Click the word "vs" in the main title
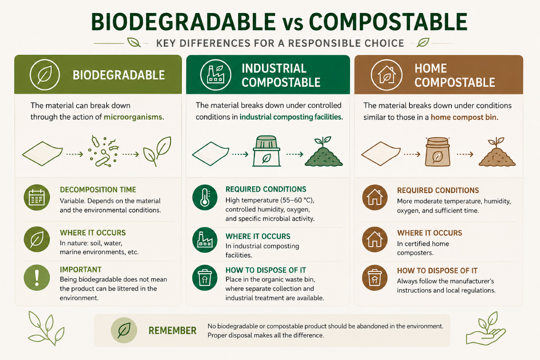pyautogui.click(x=292, y=22)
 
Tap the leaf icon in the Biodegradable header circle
pyautogui.click(x=45, y=75)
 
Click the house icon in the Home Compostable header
pyautogui.click(x=387, y=75)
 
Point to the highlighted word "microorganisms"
pyautogui.click(x=134, y=117)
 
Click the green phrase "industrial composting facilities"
pyautogui.click(x=291, y=117)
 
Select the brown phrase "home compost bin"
pyautogui.click(x=464, y=117)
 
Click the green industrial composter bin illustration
pyautogui.click(x=266, y=151)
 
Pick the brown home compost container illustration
pyautogui.click(x=437, y=152)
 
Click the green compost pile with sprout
pyautogui.click(x=324, y=152)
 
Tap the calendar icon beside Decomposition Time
pyautogui.click(x=37, y=198)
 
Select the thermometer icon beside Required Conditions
pyautogui.click(x=205, y=198)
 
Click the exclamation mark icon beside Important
pyautogui.click(x=37, y=278)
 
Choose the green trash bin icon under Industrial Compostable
pyautogui.click(x=205, y=278)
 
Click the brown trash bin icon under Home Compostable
pyautogui.click(x=374, y=278)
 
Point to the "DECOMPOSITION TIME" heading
pyautogui.click(x=98, y=190)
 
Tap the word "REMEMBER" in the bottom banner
pyautogui.click(x=172, y=331)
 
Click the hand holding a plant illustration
pyautogui.click(x=486, y=328)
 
